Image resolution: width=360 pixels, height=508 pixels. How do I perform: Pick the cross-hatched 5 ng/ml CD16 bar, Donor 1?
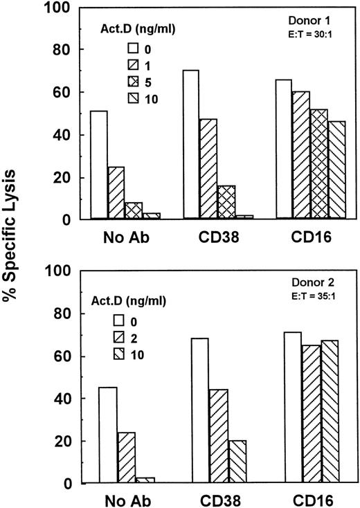click(x=319, y=164)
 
